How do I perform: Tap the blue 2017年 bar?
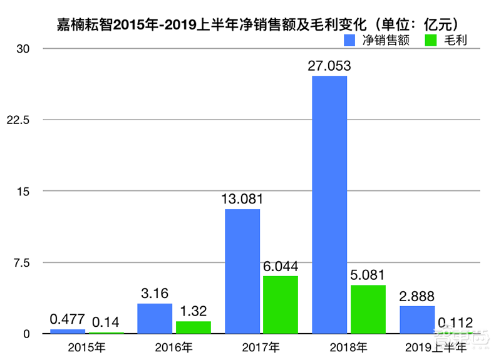[242, 271]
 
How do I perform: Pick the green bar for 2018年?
[368, 309]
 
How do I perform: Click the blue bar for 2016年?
[155, 319]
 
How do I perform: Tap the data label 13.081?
[242, 199]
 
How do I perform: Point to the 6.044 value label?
[281, 266]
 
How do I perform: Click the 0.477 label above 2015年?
[67, 319]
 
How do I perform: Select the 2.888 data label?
[417, 296]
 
